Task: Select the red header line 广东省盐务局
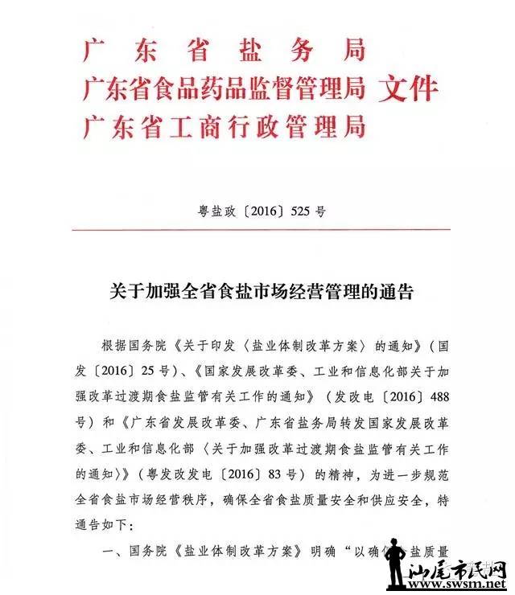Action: tap(224, 50)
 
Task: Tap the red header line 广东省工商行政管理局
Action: tap(224, 126)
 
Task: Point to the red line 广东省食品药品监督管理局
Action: tap(224, 88)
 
